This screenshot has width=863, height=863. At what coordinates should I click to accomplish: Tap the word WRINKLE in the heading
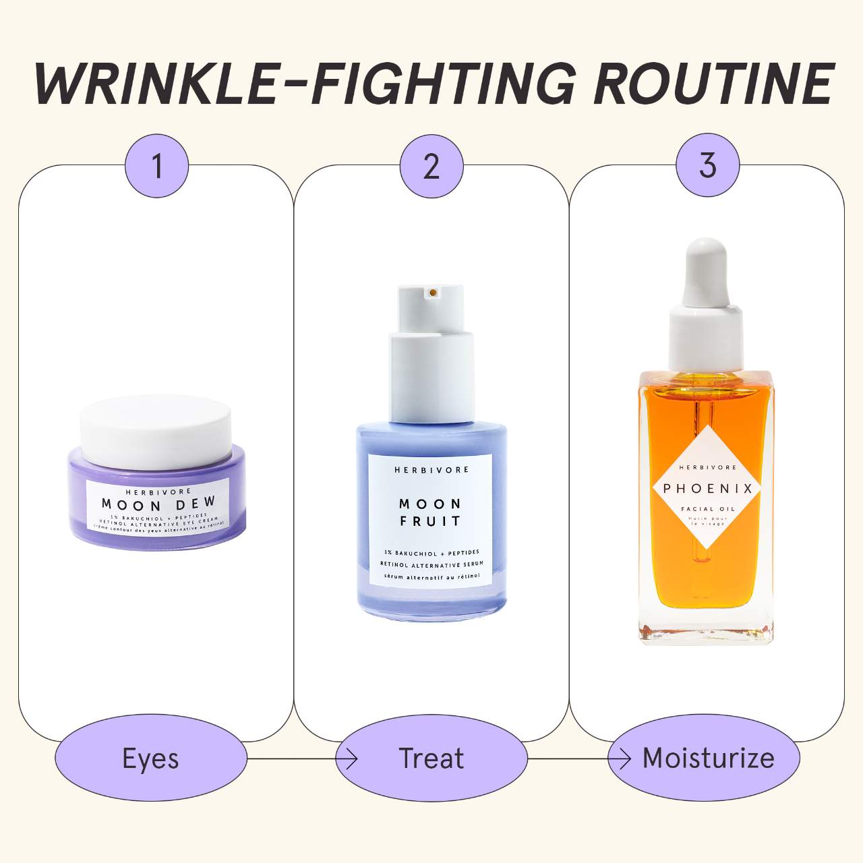coord(155,84)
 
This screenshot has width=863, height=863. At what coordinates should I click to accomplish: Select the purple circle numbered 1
coord(156,166)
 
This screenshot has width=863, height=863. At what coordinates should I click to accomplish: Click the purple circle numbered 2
coord(431,166)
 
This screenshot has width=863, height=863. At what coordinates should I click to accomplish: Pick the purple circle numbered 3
coord(707,165)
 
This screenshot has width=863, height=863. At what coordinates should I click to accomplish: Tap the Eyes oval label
coord(150,758)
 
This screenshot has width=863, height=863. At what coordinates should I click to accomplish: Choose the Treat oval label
coord(431,758)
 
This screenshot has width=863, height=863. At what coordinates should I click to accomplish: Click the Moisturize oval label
coord(708,758)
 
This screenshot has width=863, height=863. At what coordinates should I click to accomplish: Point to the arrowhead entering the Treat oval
coord(351,759)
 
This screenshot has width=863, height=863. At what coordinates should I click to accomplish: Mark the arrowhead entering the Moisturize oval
coord(625,759)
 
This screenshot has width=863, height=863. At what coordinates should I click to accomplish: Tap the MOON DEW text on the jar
coord(158,504)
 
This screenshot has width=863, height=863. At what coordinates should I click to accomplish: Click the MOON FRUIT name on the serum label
coord(430,512)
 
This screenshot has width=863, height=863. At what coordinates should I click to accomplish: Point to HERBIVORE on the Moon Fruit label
coord(431,470)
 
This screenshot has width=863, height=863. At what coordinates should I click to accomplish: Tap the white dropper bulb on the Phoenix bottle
coord(706,270)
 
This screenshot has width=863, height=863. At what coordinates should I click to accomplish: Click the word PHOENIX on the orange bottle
coord(707,489)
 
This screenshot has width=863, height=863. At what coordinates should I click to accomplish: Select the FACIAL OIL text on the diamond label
coord(707,509)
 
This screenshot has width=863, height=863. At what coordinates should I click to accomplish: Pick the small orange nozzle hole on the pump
coord(432,293)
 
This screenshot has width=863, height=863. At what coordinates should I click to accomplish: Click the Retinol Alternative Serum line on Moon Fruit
coord(431,564)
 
